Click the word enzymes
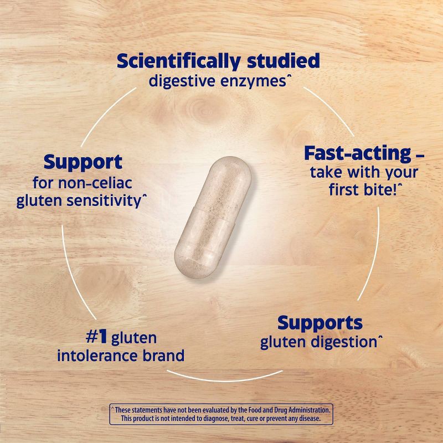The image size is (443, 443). [x=258, y=81]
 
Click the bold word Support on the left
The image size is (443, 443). [x=83, y=162]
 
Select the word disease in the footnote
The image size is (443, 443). [x=309, y=419]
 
